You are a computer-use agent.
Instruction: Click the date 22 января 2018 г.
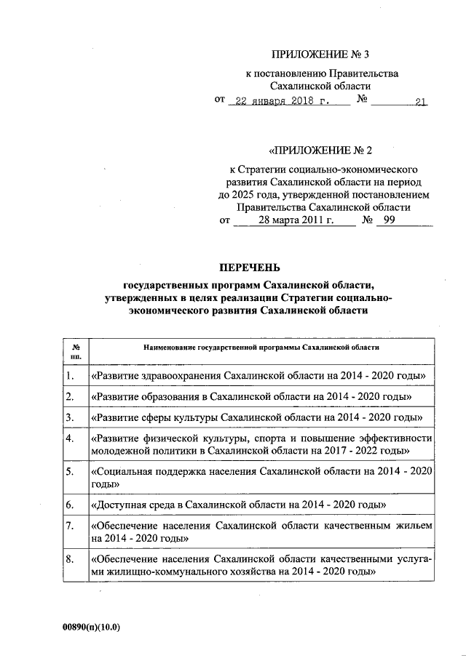tap(278, 103)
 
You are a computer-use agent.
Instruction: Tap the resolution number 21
tap(420, 103)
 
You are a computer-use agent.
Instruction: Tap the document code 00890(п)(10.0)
tap(91, 627)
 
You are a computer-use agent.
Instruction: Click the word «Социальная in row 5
tap(125, 472)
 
